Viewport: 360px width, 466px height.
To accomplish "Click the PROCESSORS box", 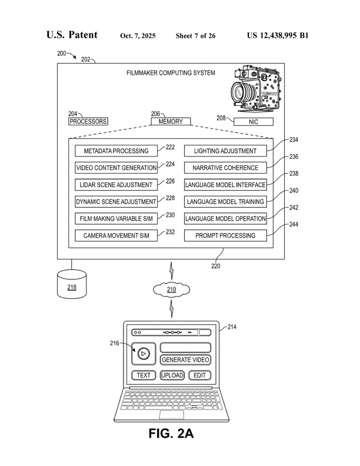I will tap(88, 122).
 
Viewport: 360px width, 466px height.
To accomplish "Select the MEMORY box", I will tap(171, 122).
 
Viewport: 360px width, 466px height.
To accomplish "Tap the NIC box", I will tap(254, 122).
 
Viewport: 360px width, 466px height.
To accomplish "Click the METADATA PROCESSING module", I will tap(116, 151).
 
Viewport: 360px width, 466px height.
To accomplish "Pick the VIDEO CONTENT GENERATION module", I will tap(116, 168).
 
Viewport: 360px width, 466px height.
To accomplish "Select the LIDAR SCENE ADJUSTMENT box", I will tap(116, 185).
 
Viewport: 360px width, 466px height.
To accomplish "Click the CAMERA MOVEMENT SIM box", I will tap(116, 236).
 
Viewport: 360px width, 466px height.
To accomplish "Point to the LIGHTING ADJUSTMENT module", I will tap(225, 151).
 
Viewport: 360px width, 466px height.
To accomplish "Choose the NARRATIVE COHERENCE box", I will tap(225, 168).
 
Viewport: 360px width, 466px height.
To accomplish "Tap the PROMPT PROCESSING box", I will tap(225, 236).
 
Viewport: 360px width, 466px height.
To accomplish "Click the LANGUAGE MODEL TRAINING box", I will tap(225, 202).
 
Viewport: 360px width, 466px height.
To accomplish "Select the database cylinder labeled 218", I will tap(71, 285).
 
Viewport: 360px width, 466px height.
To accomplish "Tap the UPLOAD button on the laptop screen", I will tap(172, 375).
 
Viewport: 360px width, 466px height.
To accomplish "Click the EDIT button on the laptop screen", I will tap(199, 375).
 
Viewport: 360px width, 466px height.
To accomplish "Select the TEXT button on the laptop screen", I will tap(144, 375).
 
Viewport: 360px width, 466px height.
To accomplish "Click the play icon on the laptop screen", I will tap(143, 353).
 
